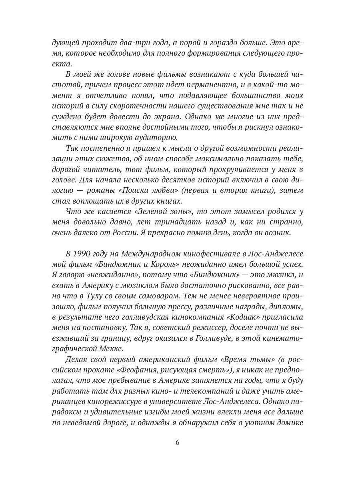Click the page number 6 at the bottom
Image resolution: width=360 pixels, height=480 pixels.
pos(180,443)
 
